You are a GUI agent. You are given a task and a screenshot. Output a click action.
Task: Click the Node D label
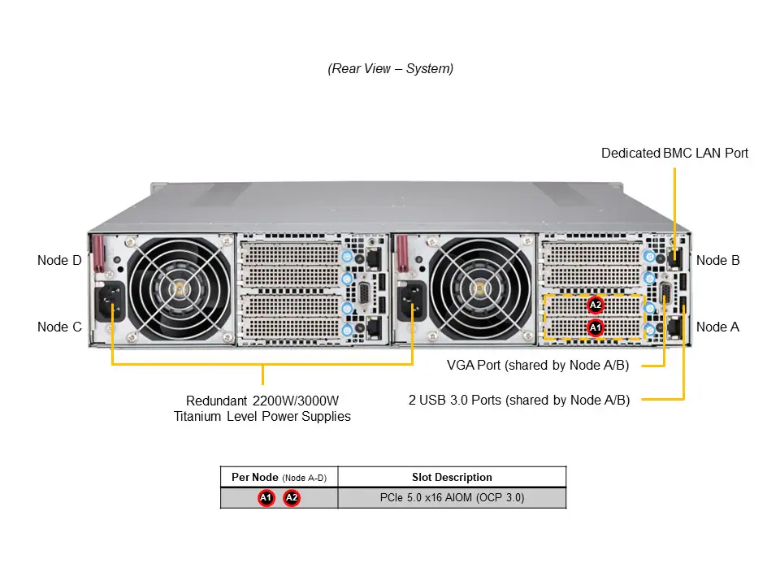pos(59,261)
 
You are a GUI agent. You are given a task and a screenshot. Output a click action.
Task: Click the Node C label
pos(59,327)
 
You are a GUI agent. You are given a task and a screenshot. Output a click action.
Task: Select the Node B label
pos(717,261)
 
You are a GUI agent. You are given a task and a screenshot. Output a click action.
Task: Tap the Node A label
pos(717,327)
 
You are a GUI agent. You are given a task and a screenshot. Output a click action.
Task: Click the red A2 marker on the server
pos(596,305)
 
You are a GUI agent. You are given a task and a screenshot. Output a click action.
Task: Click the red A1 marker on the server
pos(596,327)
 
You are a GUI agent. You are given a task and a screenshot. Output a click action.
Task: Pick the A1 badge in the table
pos(266,498)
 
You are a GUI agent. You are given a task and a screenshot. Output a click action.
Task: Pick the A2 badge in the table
pos(292,498)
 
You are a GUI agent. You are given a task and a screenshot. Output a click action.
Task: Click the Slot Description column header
pos(452,477)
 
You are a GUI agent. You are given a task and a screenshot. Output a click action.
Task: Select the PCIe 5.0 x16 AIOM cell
pos(452,498)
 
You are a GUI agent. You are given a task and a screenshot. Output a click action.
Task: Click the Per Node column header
pos(279,477)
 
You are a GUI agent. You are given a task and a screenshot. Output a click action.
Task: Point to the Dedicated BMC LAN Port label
pos(674,153)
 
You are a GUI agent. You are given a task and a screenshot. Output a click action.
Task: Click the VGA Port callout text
pos(538,365)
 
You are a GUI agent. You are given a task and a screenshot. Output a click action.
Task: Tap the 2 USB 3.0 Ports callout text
pos(519,399)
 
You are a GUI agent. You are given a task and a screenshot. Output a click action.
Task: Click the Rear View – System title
pos(390,69)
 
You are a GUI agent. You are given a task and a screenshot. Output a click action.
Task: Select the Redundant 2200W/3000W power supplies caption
pos(262,409)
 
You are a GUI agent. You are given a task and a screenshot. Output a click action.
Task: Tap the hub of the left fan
pos(180,288)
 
